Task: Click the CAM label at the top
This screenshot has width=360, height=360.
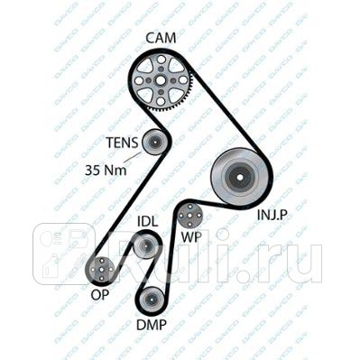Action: pos(161,38)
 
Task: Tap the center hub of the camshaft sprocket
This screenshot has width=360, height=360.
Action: pos(161,80)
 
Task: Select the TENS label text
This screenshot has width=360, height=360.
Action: pos(123,143)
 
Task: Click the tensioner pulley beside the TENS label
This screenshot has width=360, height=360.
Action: pos(154,143)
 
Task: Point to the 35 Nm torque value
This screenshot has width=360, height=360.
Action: pos(106,171)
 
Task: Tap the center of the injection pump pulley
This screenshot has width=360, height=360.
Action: pos(239,177)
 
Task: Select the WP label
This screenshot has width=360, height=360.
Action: pos(191,237)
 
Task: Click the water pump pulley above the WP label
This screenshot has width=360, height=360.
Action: pos(190,216)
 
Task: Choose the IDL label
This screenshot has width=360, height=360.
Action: pos(147,222)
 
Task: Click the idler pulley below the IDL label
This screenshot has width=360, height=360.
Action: pos(146,245)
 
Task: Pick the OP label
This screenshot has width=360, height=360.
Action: pos(99,295)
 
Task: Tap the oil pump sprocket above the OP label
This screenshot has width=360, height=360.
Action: pos(101,270)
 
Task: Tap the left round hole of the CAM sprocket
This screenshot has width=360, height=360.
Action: pos(138,80)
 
